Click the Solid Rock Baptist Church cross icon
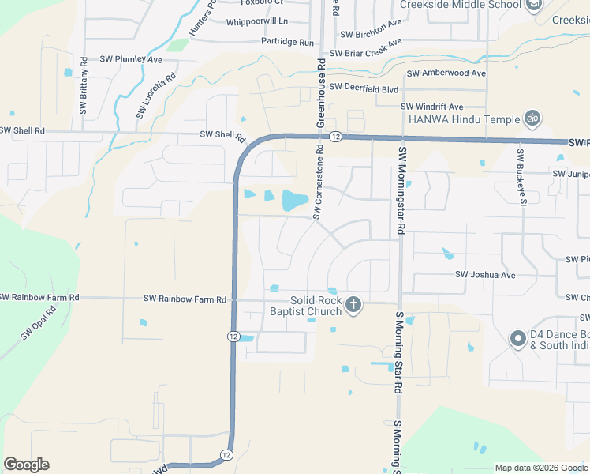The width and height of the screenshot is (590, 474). pos(353,304)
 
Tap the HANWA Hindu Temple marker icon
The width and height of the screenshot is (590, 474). pos(532,118)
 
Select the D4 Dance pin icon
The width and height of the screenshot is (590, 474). pos(517,339)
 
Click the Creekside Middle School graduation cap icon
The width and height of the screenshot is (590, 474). pos(534,5)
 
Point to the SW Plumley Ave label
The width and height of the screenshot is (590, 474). pos(131,59)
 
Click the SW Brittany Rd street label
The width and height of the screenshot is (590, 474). pos(83,87)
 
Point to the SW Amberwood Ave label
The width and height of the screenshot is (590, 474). pos(446,73)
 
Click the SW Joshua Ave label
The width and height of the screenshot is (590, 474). pos(485,275)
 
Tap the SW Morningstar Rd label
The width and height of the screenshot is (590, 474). pos(401,190)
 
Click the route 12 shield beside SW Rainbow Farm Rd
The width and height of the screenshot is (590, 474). pos(233,336)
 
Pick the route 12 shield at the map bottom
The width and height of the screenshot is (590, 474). pos(226,455)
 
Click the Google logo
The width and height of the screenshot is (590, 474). pos(26,465)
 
